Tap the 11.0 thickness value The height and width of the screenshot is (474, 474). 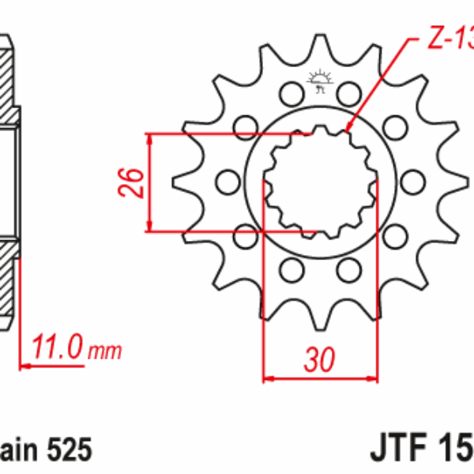[x=58, y=348]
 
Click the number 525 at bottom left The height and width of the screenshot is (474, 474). [x=70, y=450]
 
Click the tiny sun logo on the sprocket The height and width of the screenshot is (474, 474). [x=319, y=80]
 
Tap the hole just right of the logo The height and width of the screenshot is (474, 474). [x=348, y=92]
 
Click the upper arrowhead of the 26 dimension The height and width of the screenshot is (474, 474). [x=149, y=136]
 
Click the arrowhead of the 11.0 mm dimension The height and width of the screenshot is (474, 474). [x=21, y=365]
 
